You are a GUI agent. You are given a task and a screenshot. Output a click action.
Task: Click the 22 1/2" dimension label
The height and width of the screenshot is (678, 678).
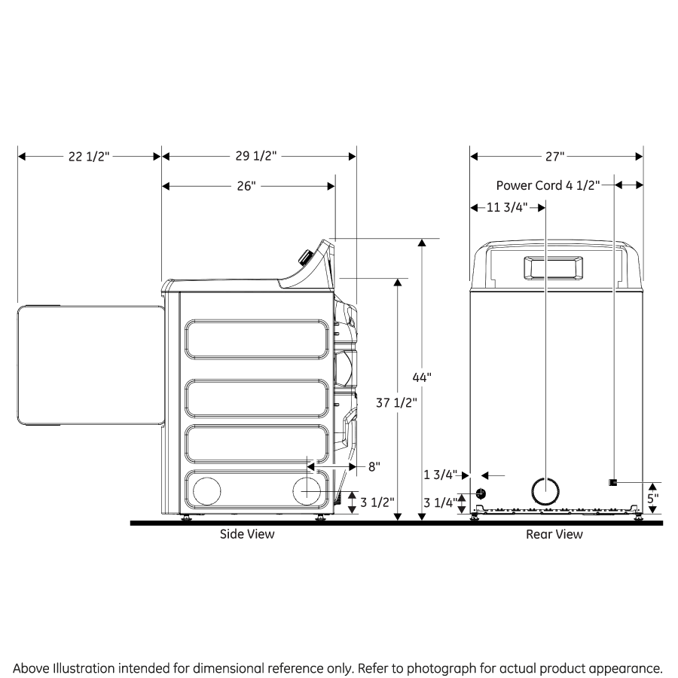[89, 157]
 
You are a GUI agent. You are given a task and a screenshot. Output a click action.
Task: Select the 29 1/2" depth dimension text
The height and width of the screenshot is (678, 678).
[256, 157]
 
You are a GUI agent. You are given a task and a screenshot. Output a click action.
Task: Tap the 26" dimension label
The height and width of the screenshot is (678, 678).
[246, 186]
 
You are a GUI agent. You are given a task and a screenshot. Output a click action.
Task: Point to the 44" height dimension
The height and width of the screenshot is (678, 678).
[422, 377]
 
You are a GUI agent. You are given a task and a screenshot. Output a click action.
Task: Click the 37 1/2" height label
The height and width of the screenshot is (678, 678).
[396, 402]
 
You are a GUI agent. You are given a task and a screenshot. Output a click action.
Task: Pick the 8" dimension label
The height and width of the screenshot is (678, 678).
[374, 466]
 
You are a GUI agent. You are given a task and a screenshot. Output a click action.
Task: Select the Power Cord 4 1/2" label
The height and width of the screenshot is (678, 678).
[548, 185]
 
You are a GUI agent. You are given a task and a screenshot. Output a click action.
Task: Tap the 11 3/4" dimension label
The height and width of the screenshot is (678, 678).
[506, 207]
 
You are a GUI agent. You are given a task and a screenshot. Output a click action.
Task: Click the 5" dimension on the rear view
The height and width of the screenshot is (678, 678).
[652, 498]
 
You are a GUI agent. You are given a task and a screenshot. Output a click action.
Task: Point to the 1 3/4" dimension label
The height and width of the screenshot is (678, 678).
[441, 475]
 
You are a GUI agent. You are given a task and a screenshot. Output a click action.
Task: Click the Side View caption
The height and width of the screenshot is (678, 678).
[247, 534]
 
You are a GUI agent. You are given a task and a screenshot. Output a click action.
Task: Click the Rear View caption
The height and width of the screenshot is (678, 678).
[554, 534]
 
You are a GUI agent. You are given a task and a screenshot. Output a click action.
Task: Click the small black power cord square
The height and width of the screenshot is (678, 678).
[613, 482]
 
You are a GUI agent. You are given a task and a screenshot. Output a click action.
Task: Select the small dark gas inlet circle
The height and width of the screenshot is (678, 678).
[481, 493]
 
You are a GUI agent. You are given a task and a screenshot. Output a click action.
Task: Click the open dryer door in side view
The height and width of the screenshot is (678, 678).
[90, 365]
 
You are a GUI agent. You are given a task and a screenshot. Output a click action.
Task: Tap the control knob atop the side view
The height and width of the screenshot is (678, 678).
[305, 258]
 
